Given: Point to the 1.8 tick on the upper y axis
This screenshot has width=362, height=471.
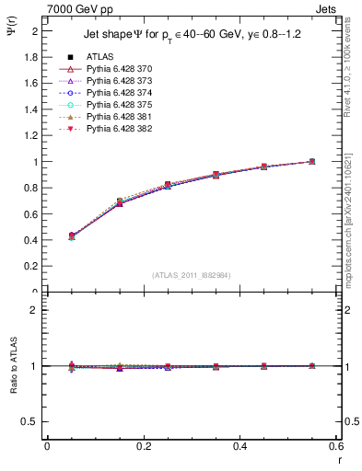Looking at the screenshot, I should click(x=32, y=57).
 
